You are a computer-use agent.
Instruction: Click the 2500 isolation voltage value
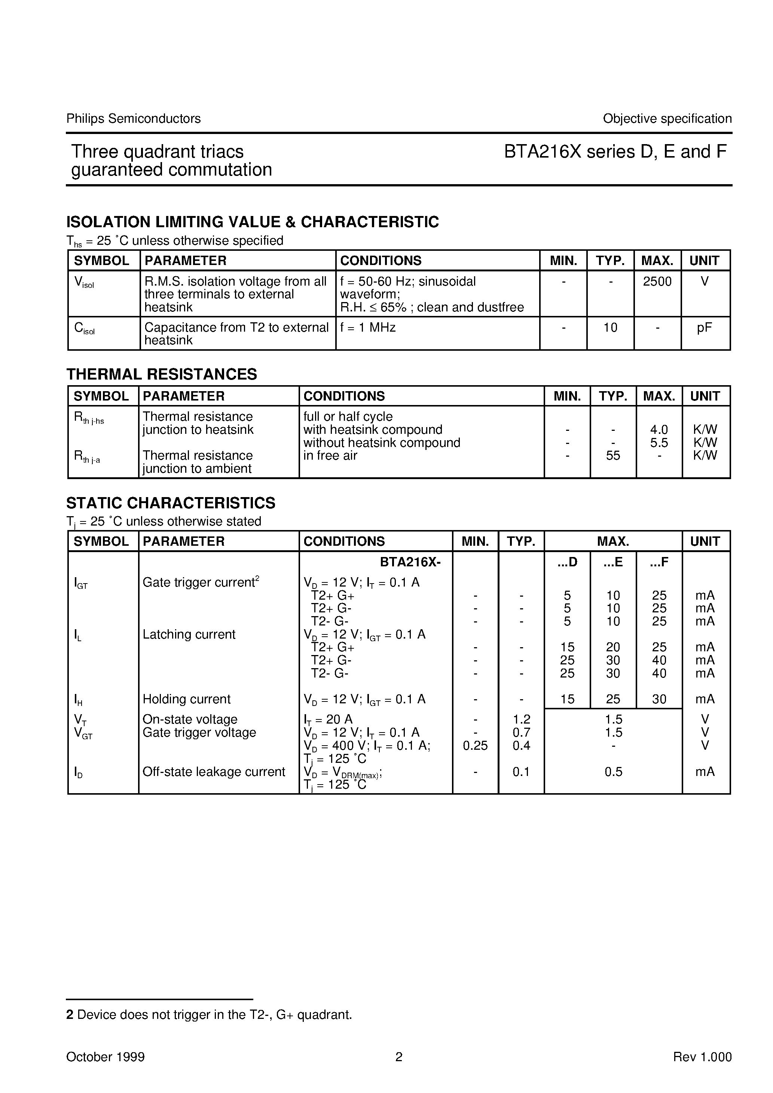(x=657, y=282)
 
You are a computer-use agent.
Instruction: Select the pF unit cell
(x=705, y=328)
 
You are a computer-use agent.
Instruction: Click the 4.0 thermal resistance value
(x=659, y=430)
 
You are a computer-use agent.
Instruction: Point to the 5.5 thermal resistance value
(x=659, y=443)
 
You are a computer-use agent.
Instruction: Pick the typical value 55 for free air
(x=613, y=456)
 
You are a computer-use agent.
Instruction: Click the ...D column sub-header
(x=567, y=562)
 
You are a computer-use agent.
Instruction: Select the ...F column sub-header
(x=659, y=562)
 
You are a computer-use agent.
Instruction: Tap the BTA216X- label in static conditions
(x=410, y=562)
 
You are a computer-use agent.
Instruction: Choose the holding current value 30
(x=659, y=699)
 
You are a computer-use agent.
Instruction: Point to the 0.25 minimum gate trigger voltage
(x=475, y=746)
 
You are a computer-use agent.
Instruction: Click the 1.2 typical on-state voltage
(x=521, y=719)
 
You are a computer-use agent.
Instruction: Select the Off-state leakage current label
(x=214, y=772)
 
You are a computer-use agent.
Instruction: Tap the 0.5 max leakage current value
(x=613, y=772)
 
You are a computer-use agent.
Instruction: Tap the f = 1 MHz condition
(x=367, y=328)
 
